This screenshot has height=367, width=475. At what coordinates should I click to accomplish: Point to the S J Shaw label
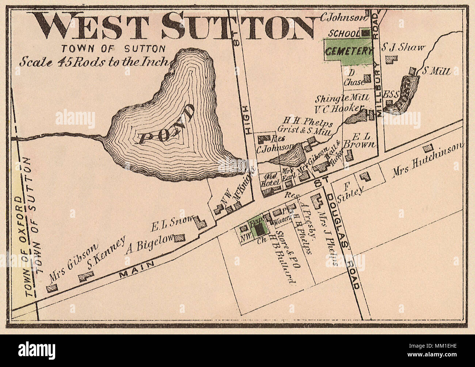(x=403, y=47)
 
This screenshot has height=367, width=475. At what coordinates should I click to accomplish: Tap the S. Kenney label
(x=106, y=253)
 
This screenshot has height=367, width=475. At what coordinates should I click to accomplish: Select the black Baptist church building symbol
(x=260, y=229)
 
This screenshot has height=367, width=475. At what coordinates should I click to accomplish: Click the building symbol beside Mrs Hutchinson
(x=428, y=148)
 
